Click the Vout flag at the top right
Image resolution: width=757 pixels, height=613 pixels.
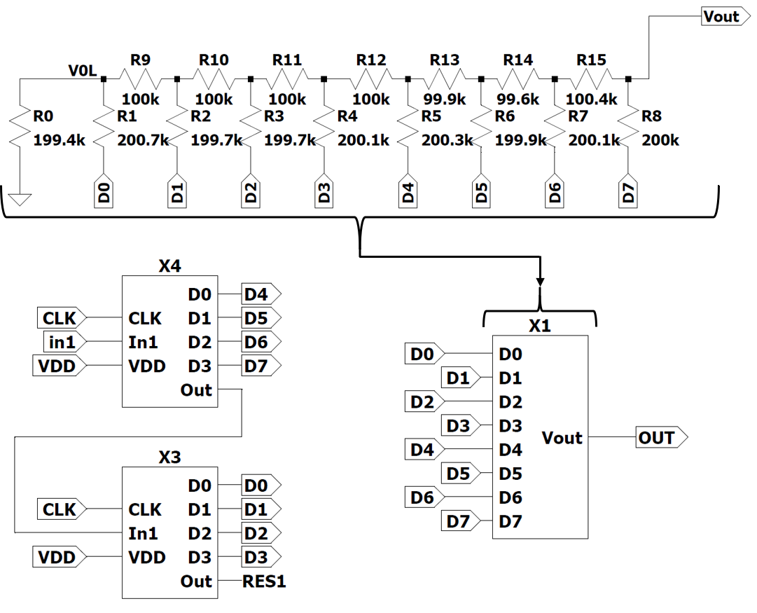coord(722,17)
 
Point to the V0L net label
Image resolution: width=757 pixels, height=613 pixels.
coord(82,71)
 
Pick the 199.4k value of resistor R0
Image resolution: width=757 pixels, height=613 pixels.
coord(60,141)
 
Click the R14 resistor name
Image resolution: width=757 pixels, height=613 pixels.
coord(518,60)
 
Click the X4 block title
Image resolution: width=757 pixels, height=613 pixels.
coord(169,266)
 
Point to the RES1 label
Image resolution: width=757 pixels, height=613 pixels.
coord(264,581)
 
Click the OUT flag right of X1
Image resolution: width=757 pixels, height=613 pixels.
coord(658,438)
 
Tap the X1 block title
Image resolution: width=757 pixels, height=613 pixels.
coord(540,326)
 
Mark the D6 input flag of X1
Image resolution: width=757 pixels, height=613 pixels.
coord(421,497)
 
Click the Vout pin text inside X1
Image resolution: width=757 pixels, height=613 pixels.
coord(562,438)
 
